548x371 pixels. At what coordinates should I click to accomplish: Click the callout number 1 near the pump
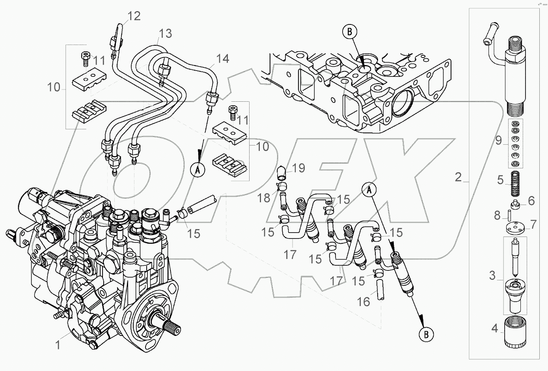point(58,345)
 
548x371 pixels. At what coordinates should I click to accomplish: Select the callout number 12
point(134,17)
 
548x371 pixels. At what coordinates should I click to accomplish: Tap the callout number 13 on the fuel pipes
point(166,34)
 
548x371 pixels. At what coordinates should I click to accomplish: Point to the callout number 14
point(222,59)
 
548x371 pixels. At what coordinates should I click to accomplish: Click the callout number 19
point(299,168)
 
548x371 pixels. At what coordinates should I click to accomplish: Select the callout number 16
point(363,301)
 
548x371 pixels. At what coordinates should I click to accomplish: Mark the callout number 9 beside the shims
point(498,140)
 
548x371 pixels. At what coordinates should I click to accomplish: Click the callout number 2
point(458,177)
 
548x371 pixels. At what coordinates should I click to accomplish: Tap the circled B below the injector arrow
point(426,334)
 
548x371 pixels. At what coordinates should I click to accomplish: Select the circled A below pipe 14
point(198,170)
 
